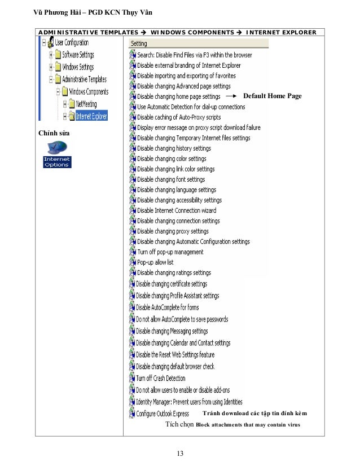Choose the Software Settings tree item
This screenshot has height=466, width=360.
point(77,55)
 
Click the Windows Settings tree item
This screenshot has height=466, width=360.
point(77,67)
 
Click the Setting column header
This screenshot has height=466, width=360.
point(139,43)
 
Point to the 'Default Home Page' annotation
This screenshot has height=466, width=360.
point(272,96)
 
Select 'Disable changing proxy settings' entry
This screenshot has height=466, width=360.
point(173,231)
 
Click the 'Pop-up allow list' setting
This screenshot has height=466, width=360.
point(155,262)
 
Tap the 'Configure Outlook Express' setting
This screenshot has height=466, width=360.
point(162,414)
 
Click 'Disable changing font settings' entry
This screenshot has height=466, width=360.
point(171,179)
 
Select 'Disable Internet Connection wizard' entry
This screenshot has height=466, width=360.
point(177,210)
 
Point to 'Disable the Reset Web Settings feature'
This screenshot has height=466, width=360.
point(175,355)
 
